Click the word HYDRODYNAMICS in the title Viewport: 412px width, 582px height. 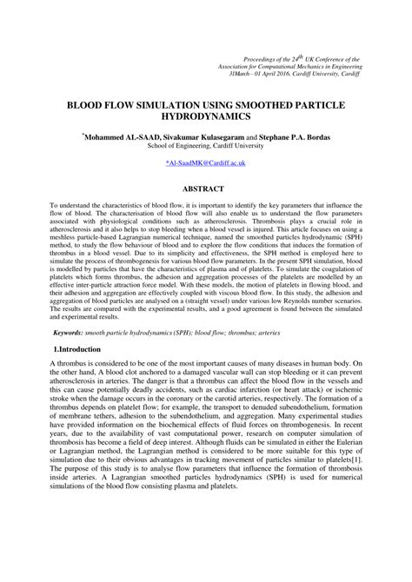coord(205,115)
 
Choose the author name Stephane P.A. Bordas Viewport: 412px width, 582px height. coord(291,136)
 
